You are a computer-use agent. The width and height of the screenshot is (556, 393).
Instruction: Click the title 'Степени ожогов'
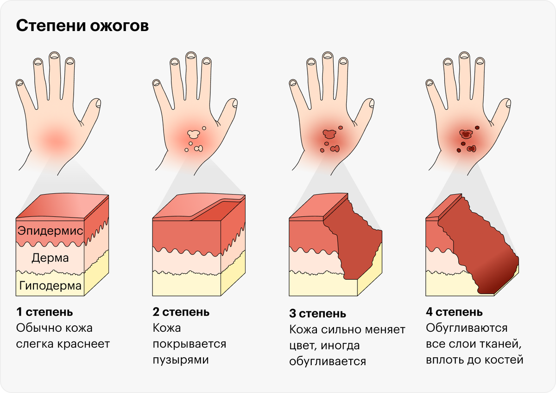tap(82, 26)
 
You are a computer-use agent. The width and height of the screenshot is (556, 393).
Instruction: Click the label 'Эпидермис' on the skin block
tap(50, 231)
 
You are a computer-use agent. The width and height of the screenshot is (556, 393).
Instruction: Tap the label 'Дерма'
tap(50, 258)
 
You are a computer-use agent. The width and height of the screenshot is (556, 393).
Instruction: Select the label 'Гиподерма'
tap(51, 285)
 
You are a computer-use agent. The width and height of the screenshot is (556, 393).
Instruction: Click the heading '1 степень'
tap(44, 312)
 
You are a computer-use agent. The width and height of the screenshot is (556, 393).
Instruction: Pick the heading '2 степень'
tap(181, 312)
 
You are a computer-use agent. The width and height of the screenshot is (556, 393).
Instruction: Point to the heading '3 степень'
tap(318, 314)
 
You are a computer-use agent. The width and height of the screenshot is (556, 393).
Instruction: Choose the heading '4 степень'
tap(455, 312)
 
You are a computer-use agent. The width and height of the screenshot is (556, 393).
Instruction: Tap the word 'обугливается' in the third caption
tap(328, 361)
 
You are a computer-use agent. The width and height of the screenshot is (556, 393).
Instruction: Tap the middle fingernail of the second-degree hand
tap(191, 56)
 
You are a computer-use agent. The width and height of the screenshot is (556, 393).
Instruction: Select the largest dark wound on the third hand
tap(329, 135)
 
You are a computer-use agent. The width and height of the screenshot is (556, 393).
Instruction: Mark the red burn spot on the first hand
tap(56, 139)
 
